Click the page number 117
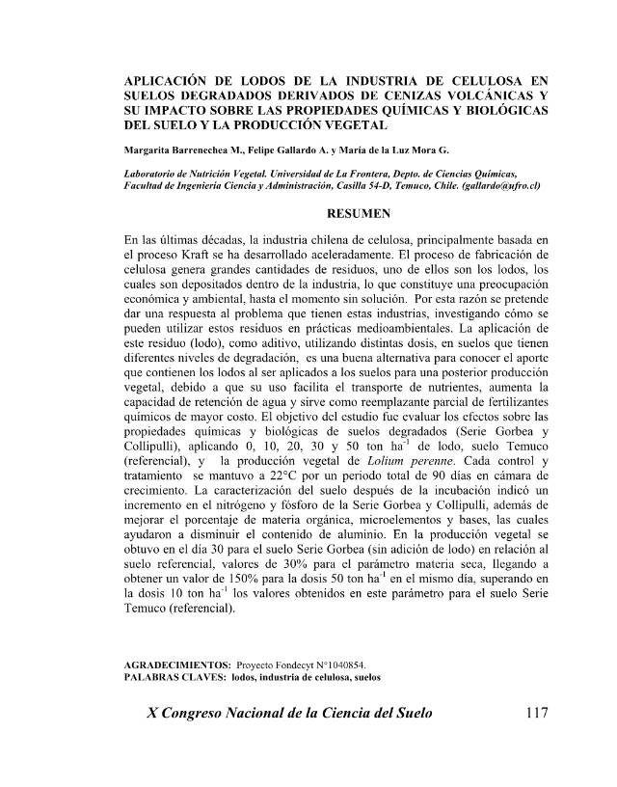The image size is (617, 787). (530, 715)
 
